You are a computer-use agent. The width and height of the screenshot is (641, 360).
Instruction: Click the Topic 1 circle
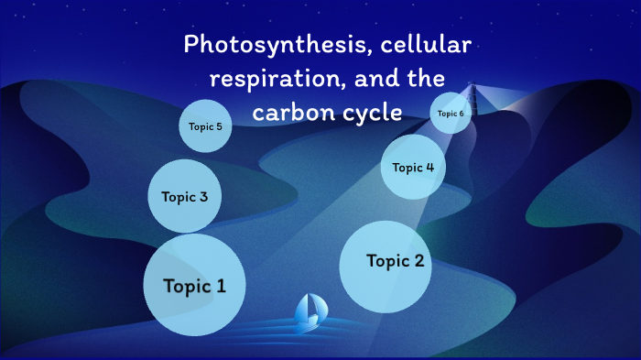[194, 285]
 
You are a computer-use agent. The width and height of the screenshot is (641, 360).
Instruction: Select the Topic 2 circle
[386, 264]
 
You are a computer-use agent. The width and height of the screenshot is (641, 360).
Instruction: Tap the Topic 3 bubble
[185, 196]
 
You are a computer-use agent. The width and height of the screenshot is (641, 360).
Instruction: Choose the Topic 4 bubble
[412, 167]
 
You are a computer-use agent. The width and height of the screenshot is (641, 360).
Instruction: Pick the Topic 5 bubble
[205, 126]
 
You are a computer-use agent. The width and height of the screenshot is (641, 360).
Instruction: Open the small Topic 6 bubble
[451, 114]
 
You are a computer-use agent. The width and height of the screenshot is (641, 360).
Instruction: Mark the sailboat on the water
[308, 312]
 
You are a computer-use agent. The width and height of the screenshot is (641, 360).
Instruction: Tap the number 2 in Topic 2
[418, 261]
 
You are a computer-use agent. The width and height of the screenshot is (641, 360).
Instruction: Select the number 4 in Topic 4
[429, 167]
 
